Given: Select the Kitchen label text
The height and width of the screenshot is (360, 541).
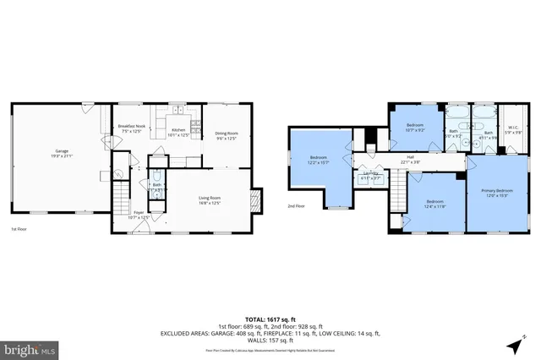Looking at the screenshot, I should coord(178,132).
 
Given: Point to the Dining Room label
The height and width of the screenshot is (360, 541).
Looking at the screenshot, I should coord(226,135).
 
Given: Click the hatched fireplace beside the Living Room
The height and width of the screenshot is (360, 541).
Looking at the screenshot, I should coord(257,201).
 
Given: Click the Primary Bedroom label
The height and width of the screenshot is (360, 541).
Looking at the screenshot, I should coord(492,194).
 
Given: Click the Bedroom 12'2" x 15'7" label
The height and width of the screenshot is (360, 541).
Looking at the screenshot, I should coord(319,161).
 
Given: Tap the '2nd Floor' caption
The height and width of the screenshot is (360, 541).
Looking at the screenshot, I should coord(296,205).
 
